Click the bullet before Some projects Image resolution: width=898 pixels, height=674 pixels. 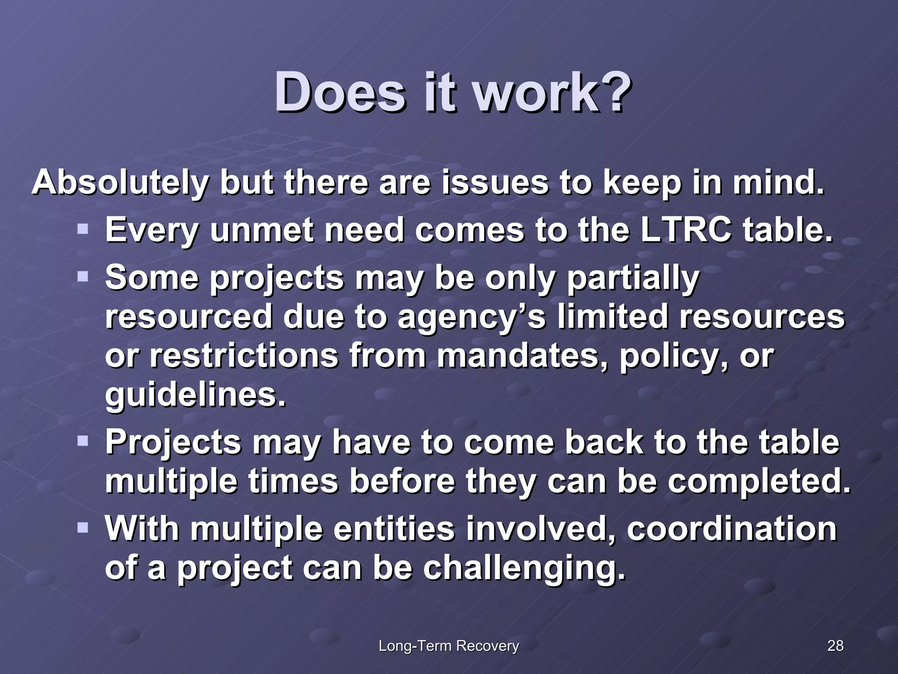point(83,277)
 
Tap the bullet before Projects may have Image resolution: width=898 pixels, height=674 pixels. point(83,441)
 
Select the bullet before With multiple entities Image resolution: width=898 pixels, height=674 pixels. point(83,527)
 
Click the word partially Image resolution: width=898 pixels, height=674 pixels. point(633,279)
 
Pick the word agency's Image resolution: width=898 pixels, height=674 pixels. point(471,317)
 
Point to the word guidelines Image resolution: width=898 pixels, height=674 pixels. point(195,395)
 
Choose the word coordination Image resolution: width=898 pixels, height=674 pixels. point(732,529)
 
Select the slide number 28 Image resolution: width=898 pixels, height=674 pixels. point(835,645)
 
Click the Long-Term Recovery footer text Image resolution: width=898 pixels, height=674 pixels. point(449,646)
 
